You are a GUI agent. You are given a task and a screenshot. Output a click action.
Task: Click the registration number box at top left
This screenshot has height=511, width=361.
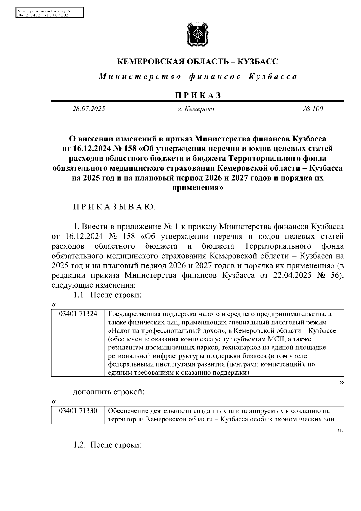49,13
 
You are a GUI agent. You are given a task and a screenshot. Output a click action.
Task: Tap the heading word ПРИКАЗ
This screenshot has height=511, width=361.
197,95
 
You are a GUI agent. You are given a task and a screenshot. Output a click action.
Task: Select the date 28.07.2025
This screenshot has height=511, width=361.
88,109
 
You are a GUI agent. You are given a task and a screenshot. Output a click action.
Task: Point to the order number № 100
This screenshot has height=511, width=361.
313,109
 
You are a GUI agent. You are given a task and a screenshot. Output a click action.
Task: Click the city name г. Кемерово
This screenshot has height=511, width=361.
196,109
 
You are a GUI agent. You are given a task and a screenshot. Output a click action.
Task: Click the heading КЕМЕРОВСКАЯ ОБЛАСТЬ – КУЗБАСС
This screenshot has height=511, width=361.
197,62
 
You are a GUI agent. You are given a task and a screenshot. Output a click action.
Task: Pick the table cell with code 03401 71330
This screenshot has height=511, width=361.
78,411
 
